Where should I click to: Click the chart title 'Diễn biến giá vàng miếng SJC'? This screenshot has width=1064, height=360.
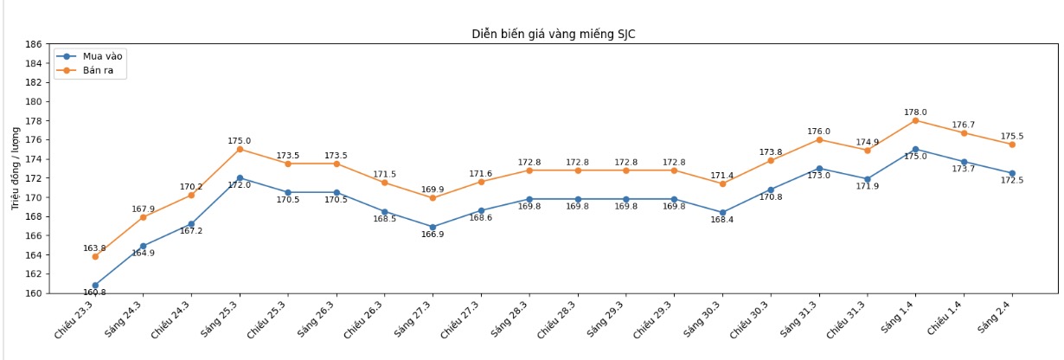[553, 35]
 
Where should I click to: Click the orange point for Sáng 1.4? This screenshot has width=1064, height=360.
[915, 120]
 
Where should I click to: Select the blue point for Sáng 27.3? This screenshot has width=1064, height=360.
[433, 227]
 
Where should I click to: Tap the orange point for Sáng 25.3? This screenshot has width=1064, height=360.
[240, 149]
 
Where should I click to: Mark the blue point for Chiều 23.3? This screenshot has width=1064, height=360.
[95, 285]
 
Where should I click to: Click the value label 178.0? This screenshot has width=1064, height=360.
[915, 112]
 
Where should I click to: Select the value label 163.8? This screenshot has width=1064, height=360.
[95, 248]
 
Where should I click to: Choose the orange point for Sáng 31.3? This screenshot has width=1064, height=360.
[819, 139]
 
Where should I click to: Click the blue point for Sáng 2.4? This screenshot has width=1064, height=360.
[1012, 173]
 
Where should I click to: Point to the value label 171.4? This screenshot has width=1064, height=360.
[722, 175]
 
